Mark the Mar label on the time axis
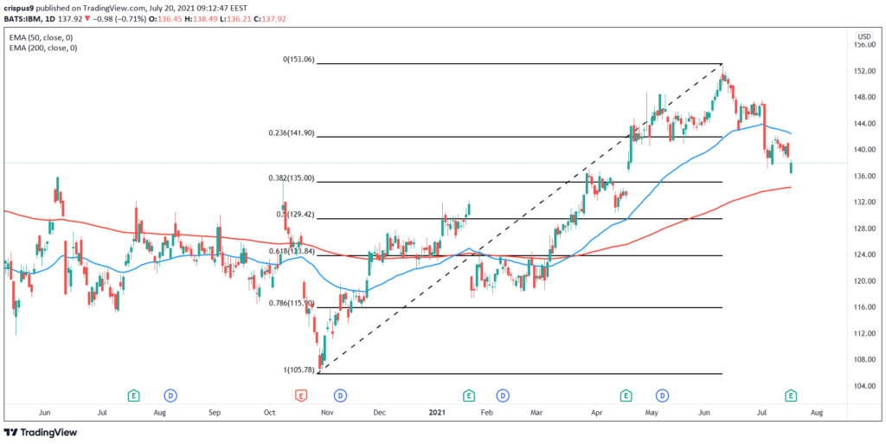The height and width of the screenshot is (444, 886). pos(537,413)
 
